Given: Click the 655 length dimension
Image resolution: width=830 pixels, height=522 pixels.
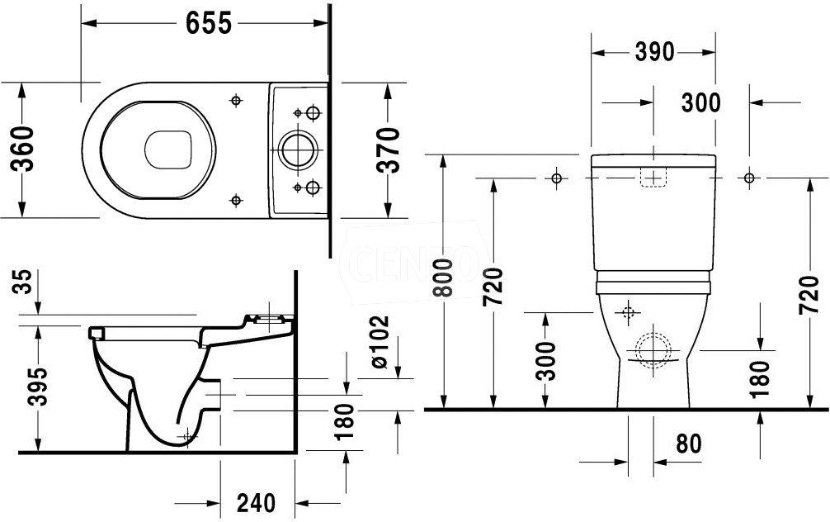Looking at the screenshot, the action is tap(209, 23).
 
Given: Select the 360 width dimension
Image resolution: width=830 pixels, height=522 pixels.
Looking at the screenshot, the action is tap(23, 149).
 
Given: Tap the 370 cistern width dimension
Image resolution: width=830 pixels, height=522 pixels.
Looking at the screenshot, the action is tap(389, 150).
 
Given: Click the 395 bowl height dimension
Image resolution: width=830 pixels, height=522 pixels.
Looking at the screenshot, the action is tap(37, 386).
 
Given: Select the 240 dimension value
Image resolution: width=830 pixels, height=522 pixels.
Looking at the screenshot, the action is tap(257, 503).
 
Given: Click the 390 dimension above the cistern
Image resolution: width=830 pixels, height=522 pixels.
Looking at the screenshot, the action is tap(655, 52).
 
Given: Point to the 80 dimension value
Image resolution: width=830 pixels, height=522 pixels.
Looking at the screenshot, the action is tap(689, 444).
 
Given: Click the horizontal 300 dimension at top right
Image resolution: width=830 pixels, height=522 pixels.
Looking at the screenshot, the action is tap(700, 102).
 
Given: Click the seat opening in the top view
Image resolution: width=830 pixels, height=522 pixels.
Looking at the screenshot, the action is tap(167, 150).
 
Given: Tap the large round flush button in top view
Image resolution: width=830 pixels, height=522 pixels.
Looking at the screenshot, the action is tap(298, 149).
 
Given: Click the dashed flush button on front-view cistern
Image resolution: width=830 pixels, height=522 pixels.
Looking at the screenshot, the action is tap(654, 177).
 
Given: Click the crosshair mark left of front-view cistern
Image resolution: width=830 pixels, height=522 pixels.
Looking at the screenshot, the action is tap(556, 178).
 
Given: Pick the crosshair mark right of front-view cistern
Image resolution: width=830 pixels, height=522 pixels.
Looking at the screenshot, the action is tap(749, 178).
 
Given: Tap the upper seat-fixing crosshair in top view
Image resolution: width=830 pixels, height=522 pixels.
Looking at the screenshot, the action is tap(236, 100).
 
